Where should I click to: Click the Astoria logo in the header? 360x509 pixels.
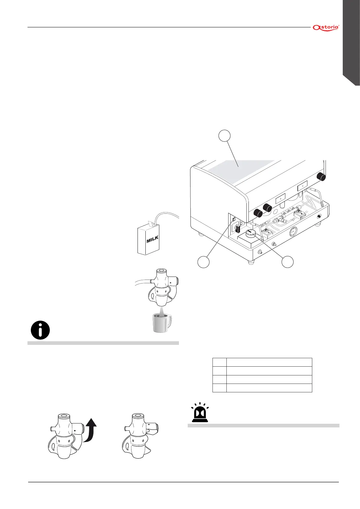pos(326,28)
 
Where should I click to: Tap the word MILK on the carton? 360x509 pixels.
pos(152,239)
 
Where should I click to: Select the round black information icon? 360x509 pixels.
pos(40,330)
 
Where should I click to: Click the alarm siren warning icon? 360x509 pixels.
pos(199,413)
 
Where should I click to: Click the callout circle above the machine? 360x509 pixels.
pos(224,136)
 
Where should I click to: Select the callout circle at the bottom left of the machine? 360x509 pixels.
pos(203,261)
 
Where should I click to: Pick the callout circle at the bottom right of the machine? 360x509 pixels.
pos(287,261)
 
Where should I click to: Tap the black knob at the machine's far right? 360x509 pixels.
pos(321,177)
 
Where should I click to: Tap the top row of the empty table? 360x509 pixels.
pos(262,362)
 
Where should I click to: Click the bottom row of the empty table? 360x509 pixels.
pos(262,388)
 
